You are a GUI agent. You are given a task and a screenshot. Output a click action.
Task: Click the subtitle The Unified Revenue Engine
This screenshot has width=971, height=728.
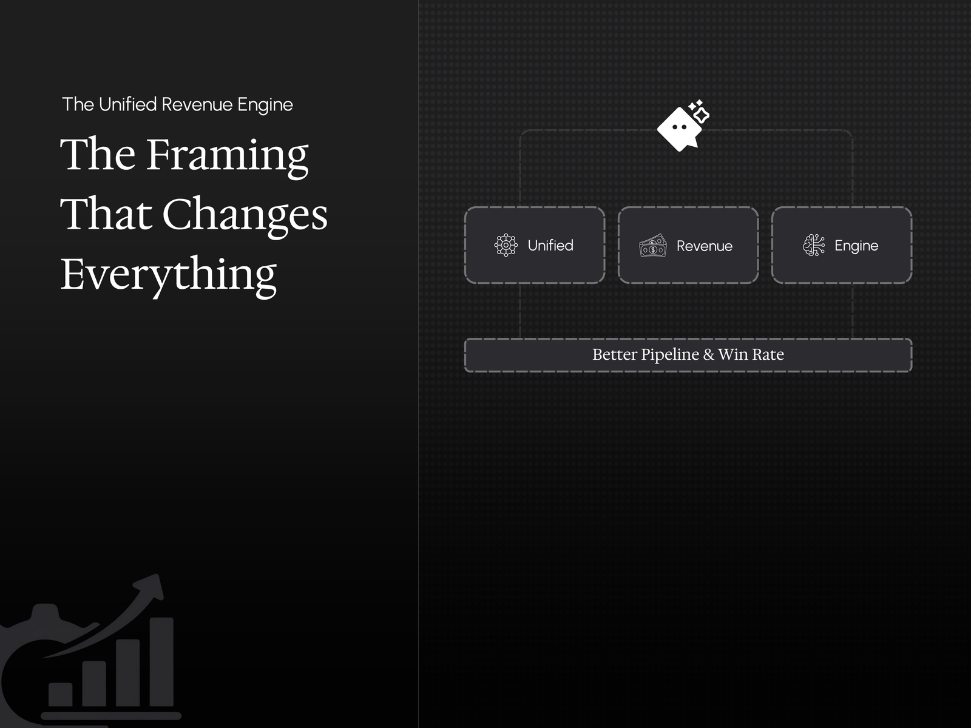(x=177, y=105)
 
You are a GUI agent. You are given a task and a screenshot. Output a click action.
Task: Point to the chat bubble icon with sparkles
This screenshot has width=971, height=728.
(x=683, y=126)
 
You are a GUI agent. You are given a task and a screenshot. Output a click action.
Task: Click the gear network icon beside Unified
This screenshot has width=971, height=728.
(x=506, y=245)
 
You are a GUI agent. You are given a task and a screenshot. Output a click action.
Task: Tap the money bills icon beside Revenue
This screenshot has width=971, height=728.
(x=653, y=245)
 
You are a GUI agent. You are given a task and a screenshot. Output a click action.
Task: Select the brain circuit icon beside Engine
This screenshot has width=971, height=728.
(x=814, y=245)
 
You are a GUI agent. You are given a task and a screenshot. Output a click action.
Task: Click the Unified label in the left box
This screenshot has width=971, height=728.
(x=550, y=245)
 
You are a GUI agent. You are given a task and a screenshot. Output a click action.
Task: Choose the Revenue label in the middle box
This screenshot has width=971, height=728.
(x=704, y=246)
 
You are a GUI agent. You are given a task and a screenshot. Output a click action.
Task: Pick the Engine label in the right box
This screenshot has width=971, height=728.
(x=856, y=246)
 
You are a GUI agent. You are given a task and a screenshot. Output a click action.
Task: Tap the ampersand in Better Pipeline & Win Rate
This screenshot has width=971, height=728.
(x=709, y=354)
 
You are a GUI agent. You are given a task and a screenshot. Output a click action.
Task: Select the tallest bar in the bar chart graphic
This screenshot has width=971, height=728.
(x=161, y=662)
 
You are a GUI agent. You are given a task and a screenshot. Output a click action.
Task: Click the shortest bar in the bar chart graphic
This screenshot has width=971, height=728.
(x=60, y=695)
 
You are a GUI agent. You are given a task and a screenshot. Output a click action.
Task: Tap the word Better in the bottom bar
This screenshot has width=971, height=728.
(x=614, y=354)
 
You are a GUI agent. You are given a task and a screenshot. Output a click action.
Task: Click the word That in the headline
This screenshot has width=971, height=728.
(x=106, y=214)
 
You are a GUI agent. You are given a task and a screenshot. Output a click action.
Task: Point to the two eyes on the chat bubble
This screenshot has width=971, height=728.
(x=679, y=127)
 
